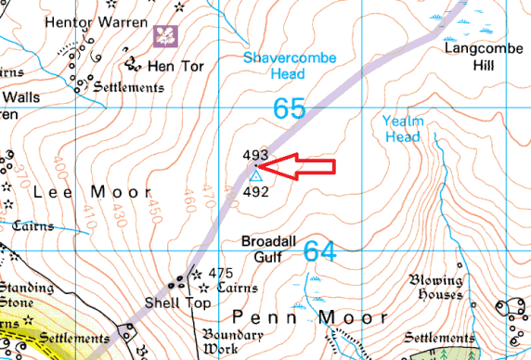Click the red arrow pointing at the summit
click(295, 167)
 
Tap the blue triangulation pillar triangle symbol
click(255, 175)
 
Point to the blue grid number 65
click(290, 109)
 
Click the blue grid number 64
click(319, 251)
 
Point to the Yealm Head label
click(402, 128)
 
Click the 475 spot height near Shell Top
click(220, 273)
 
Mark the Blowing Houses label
click(438, 288)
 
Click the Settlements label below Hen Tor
click(128, 87)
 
